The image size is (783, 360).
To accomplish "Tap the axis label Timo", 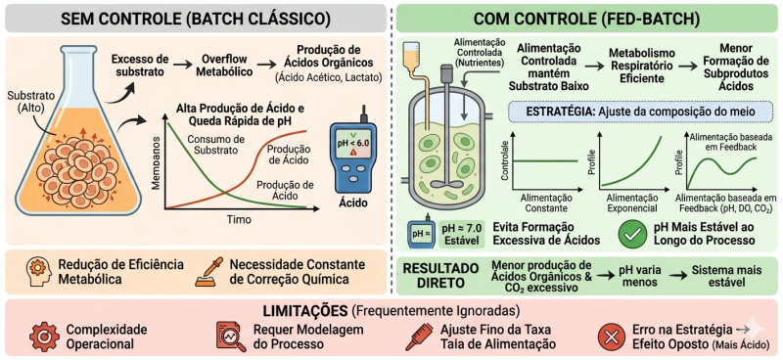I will (238, 221).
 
